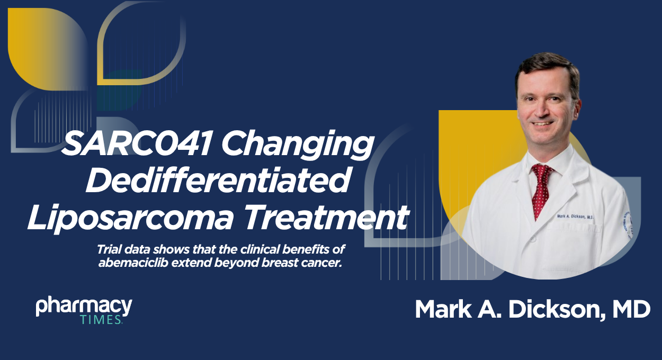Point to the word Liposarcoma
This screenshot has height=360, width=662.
point(131,218)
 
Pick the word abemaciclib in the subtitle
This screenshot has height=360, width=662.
point(133,263)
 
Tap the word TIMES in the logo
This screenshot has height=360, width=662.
point(101,320)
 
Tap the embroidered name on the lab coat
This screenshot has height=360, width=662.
point(575,217)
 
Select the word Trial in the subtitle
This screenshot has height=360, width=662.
point(109,249)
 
